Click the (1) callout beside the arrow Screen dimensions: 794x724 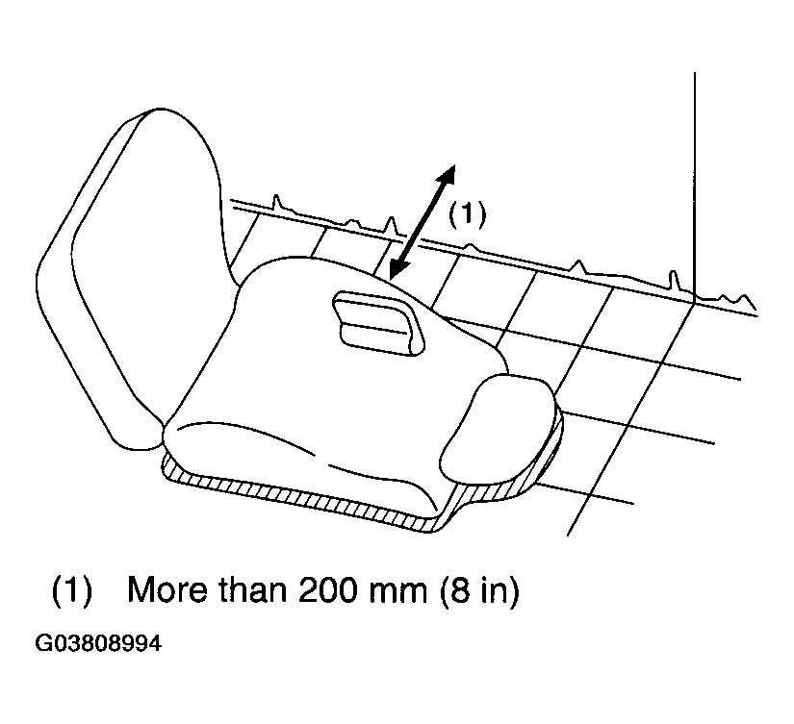click(467, 213)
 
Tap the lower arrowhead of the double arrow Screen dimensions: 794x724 click(398, 269)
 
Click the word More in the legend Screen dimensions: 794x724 click(166, 590)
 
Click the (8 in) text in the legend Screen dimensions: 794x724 click(479, 591)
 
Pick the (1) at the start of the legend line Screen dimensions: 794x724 click(72, 591)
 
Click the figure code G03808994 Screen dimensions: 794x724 click(98, 643)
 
